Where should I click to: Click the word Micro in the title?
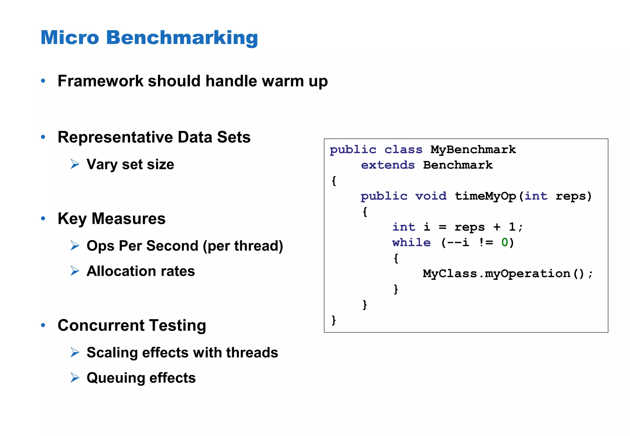[x=70, y=38]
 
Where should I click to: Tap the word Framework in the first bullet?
[x=100, y=81]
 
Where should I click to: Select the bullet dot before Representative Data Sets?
[x=43, y=137]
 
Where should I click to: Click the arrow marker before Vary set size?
[x=75, y=164]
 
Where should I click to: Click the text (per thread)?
[x=243, y=246]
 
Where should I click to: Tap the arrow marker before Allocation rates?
[x=75, y=271]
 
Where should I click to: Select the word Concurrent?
[x=101, y=325]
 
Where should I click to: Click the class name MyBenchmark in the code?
[x=473, y=150]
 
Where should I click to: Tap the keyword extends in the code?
[x=388, y=165]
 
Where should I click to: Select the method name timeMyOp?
[x=485, y=196]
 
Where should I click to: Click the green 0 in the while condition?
[x=504, y=243]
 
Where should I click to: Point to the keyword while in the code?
[x=411, y=243]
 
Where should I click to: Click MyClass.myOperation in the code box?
[x=496, y=274]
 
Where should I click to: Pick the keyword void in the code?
[x=431, y=196]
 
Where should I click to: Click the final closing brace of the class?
[x=334, y=320]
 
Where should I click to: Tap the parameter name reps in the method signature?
[x=571, y=196]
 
